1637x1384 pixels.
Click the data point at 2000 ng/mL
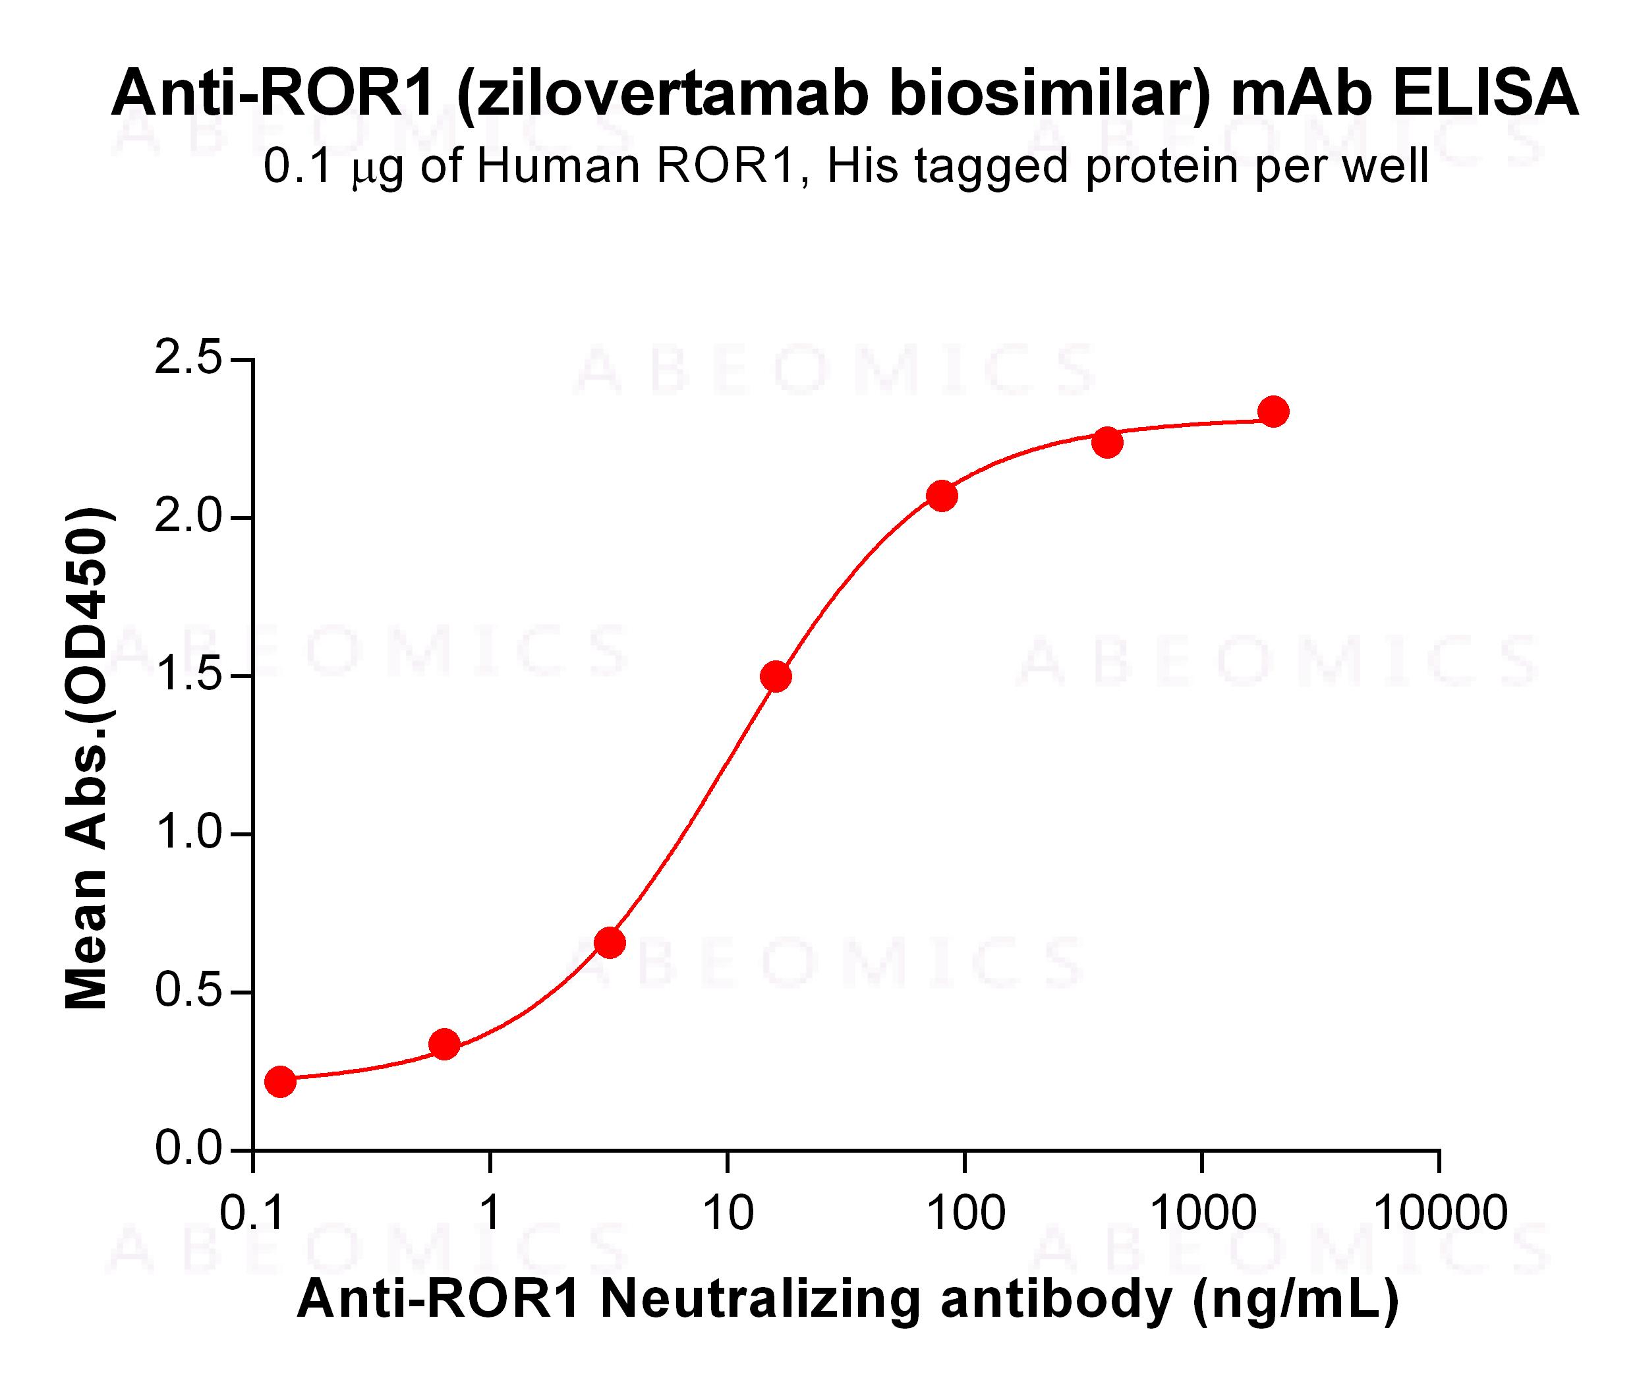click(x=1273, y=411)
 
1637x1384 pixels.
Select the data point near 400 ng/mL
click(x=1106, y=442)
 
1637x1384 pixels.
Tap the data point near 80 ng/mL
click(x=941, y=496)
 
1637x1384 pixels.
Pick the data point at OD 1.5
click(x=776, y=676)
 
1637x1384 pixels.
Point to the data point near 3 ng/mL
click(x=610, y=942)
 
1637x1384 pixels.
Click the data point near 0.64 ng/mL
click(x=445, y=1045)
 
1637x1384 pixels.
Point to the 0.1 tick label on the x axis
click(x=252, y=1214)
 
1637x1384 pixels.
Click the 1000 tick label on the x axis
click(x=1201, y=1214)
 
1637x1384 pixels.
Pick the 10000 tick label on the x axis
click(x=1440, y=1214)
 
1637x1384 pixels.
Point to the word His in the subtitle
click(x=861, y=166)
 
